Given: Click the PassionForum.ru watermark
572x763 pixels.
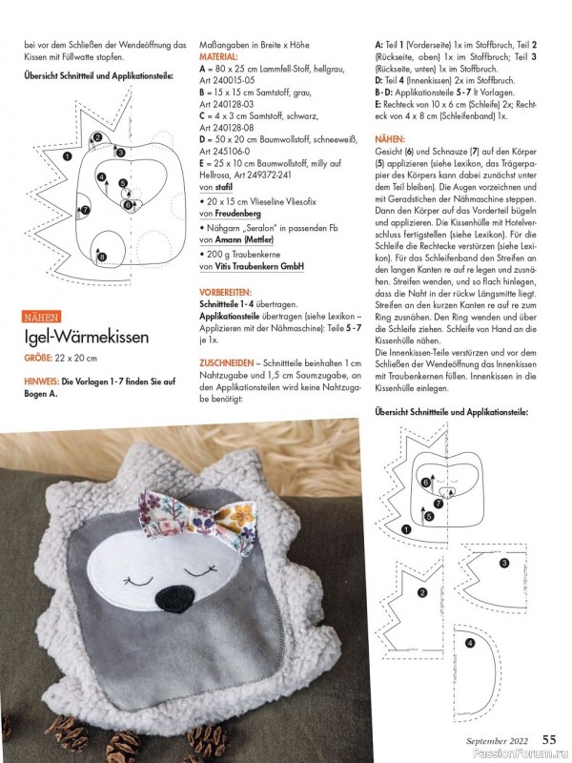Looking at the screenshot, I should point(521,753).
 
